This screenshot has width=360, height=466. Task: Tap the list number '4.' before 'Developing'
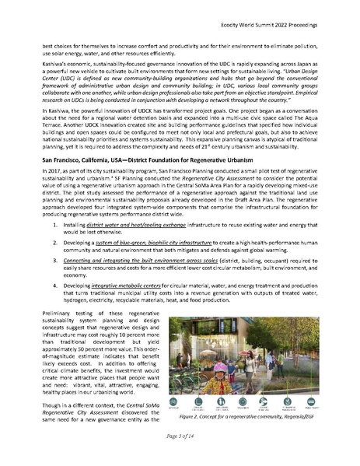point(66,307)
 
